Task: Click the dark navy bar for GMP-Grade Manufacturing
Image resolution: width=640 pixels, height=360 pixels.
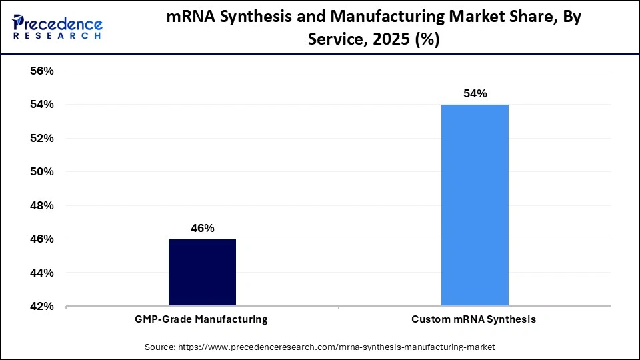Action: (202, 273)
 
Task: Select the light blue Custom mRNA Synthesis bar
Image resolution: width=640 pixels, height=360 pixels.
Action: (475, 205)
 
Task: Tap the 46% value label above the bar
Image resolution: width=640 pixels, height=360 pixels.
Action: (202, 228)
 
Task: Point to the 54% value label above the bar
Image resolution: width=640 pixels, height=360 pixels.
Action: (475, 94)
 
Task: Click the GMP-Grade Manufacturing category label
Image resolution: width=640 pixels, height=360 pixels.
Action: (202, 319)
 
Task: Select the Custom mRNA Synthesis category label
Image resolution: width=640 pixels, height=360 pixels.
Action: (473, 319)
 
